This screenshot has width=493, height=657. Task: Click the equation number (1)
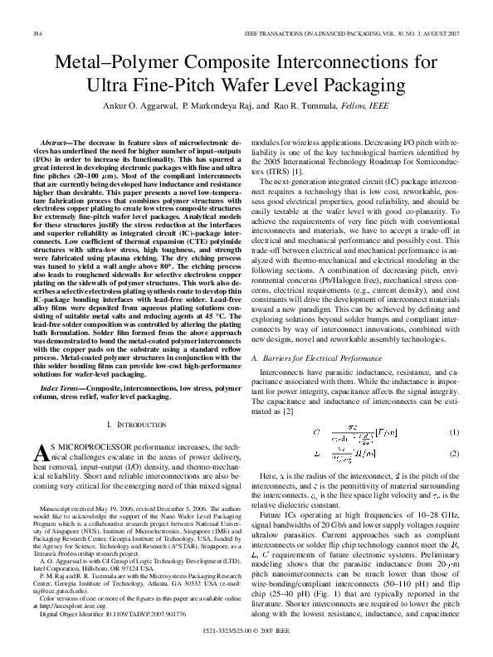[453, 433]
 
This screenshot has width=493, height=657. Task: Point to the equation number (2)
[453, 454]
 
